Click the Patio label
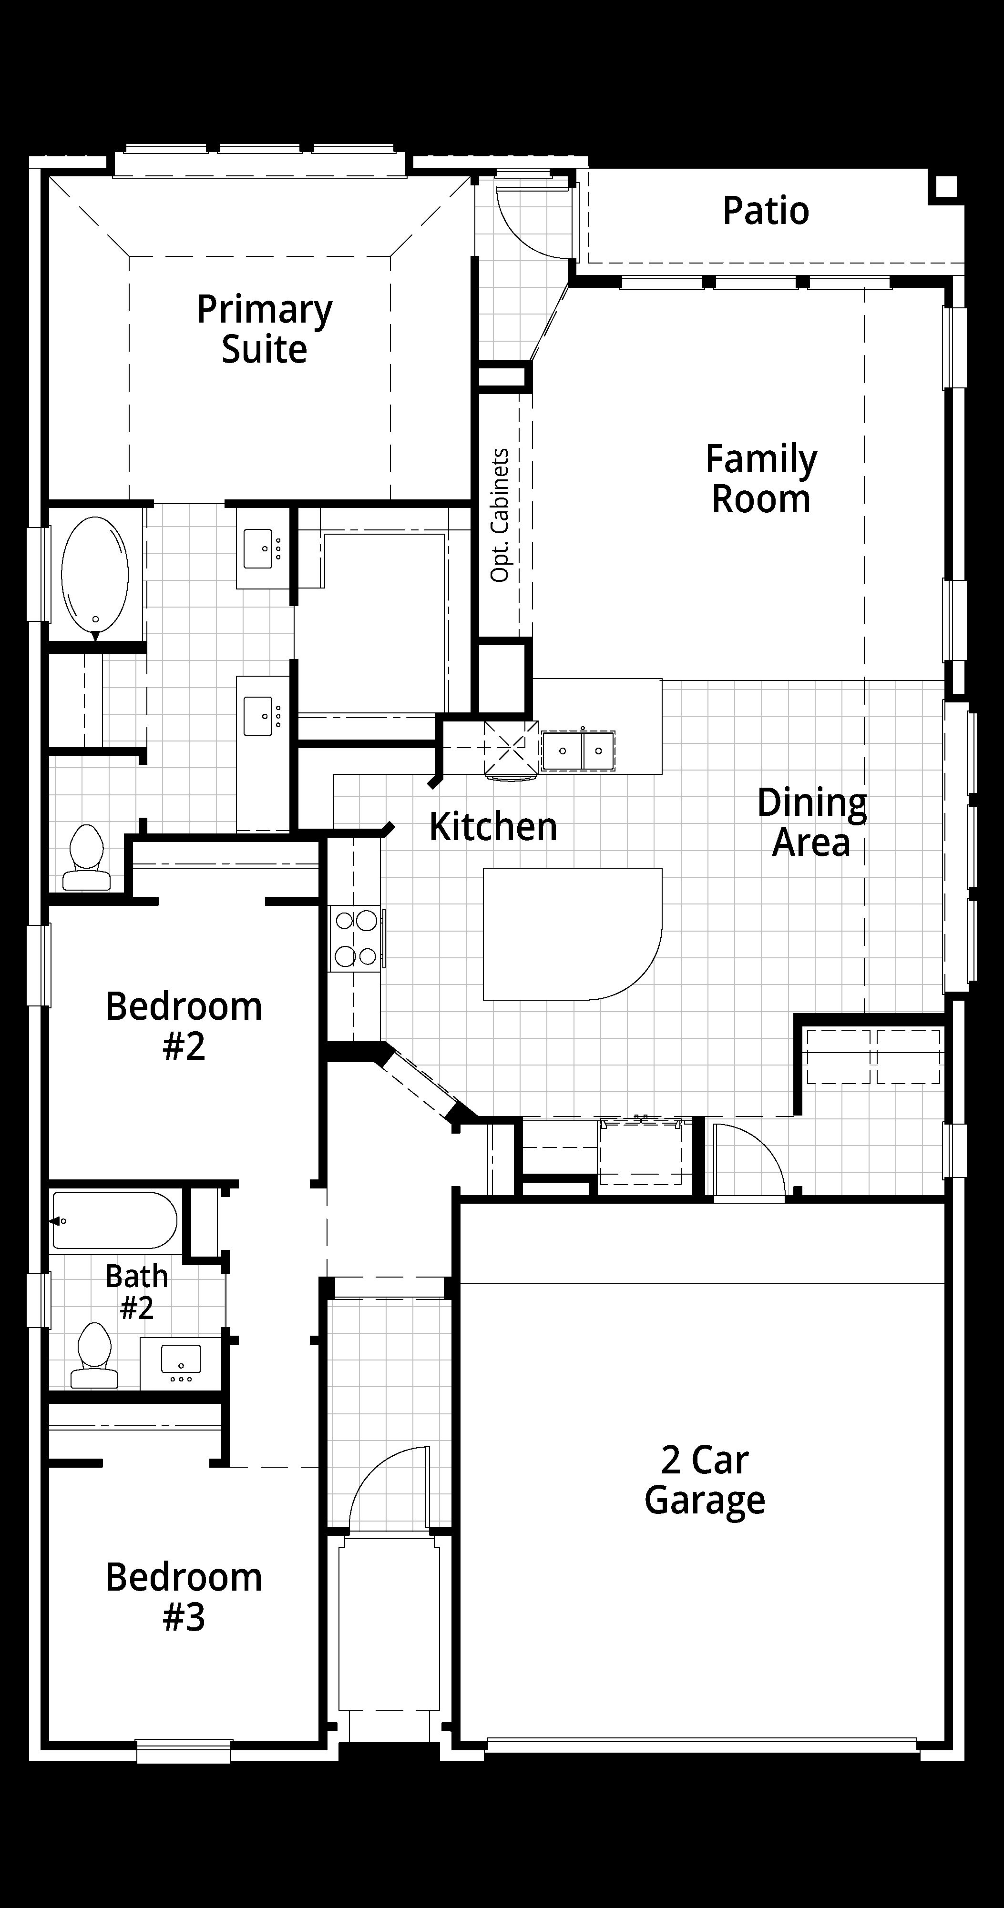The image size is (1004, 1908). pyautogui.click(x=766, y=211)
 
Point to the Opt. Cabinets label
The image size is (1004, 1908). pyautogui.click(x=500, y=515)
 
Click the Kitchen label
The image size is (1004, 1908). pyautogui.click(x=493, y=827)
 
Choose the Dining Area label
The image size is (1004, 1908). pyautogui.click(x=811, y=822)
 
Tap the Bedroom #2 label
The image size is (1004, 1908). pyautogui.click(x=184, y=1026)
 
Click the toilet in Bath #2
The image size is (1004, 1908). pyautogui.click(x=94, y=1355)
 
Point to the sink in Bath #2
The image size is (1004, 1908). pyautogui.click(x=181, y=1360)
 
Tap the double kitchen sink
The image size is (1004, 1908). pyautogui.click(x=578, y=751)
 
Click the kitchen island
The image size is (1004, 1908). pyautogui.click(x=572, y=934)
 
